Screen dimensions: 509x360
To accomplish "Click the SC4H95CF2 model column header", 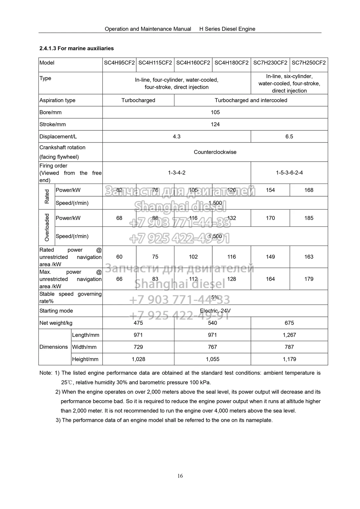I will [119, 63].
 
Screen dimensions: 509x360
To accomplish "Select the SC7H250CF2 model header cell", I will [308, 63].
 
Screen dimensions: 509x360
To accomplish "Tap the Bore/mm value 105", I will [215, 112].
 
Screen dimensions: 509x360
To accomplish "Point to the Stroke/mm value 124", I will [215, 124].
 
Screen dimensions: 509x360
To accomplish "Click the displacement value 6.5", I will [289, 136].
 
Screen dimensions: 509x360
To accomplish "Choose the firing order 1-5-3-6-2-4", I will [289, 173].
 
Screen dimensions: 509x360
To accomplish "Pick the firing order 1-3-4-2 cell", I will [177, 173].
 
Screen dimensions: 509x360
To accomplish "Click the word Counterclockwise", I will [215, 152].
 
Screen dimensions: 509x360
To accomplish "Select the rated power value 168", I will [309, 190].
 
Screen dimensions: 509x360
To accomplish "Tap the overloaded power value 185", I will [309, 218].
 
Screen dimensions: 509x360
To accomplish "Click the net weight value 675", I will [289, 323].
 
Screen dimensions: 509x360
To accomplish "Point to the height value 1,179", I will [289, 359].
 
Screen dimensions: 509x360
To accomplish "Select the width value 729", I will [138, 347].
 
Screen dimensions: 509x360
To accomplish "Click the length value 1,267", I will [289, 335].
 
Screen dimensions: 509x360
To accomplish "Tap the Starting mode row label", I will [56, 311].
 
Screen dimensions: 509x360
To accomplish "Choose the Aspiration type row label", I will [57, 100].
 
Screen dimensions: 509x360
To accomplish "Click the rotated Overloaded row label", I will [47, 227].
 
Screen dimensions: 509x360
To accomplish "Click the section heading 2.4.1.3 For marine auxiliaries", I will [76, 48].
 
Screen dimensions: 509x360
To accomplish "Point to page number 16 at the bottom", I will [180, 476].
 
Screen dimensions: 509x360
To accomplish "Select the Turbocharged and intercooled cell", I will [251, 100].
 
